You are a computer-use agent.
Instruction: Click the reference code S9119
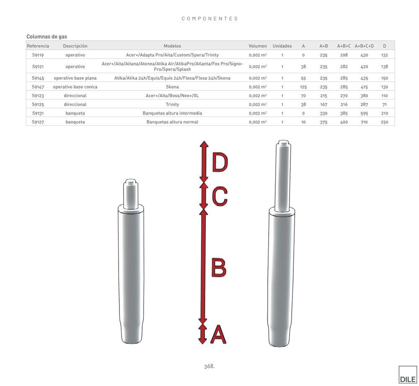(x=38, y=55)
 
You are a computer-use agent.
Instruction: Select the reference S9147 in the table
(x=38, y=87)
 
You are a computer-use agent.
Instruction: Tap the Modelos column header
(x=172, y=46)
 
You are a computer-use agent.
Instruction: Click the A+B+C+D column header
(x=364, y=46)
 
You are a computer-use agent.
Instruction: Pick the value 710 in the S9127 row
(x=364, y=122)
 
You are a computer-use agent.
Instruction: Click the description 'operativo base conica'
(x=75, y=87)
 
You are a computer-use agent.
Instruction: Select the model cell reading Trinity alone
(x=172, y=104)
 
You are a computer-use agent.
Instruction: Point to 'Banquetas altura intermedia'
(x=172, y=113)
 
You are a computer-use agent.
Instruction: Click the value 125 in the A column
(x=303, y=87)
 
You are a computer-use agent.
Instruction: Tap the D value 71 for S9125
(x=385, y=105)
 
